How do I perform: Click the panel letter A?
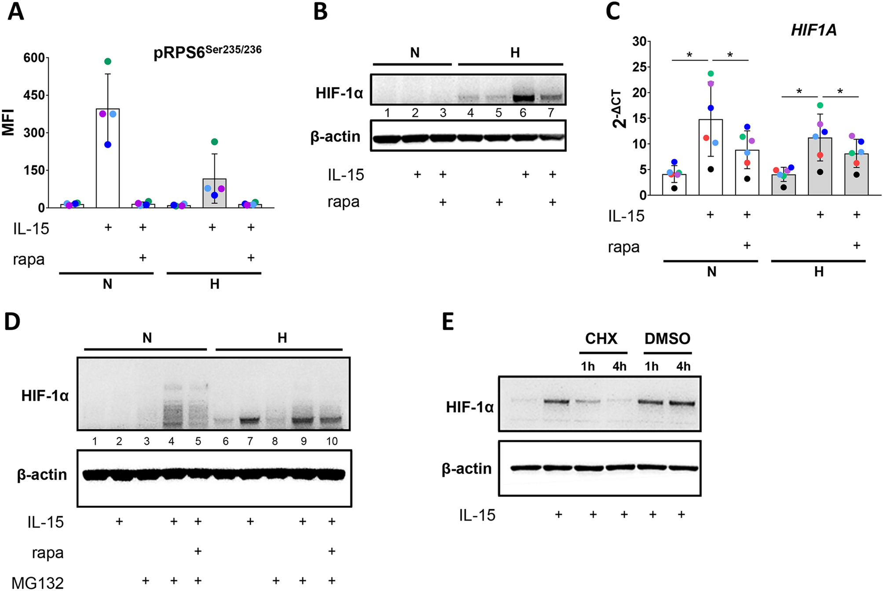[x=16, y=12]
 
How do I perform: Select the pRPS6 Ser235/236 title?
[x=207, y=52]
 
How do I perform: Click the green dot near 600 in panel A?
[x=108, y=62]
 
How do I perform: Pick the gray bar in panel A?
[x=214, y=193]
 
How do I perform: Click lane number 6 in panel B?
[x=523, y=113]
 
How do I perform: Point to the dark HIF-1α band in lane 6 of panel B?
[x=524, y=98]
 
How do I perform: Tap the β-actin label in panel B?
[x=335, y=137]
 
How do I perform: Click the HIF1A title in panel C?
[x=813, y=30]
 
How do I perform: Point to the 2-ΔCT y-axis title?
[x=619, y=109]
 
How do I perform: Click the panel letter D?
[x=12, y=322]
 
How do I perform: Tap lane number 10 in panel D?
[x=332, y=441]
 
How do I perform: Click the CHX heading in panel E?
[x=601, y=339]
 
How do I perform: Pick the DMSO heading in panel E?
[x=667, y=339]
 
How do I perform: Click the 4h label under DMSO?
[x=683, y=366]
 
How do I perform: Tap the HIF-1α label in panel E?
[x=469, y=407]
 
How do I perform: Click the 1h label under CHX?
[x=588, y=366]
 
